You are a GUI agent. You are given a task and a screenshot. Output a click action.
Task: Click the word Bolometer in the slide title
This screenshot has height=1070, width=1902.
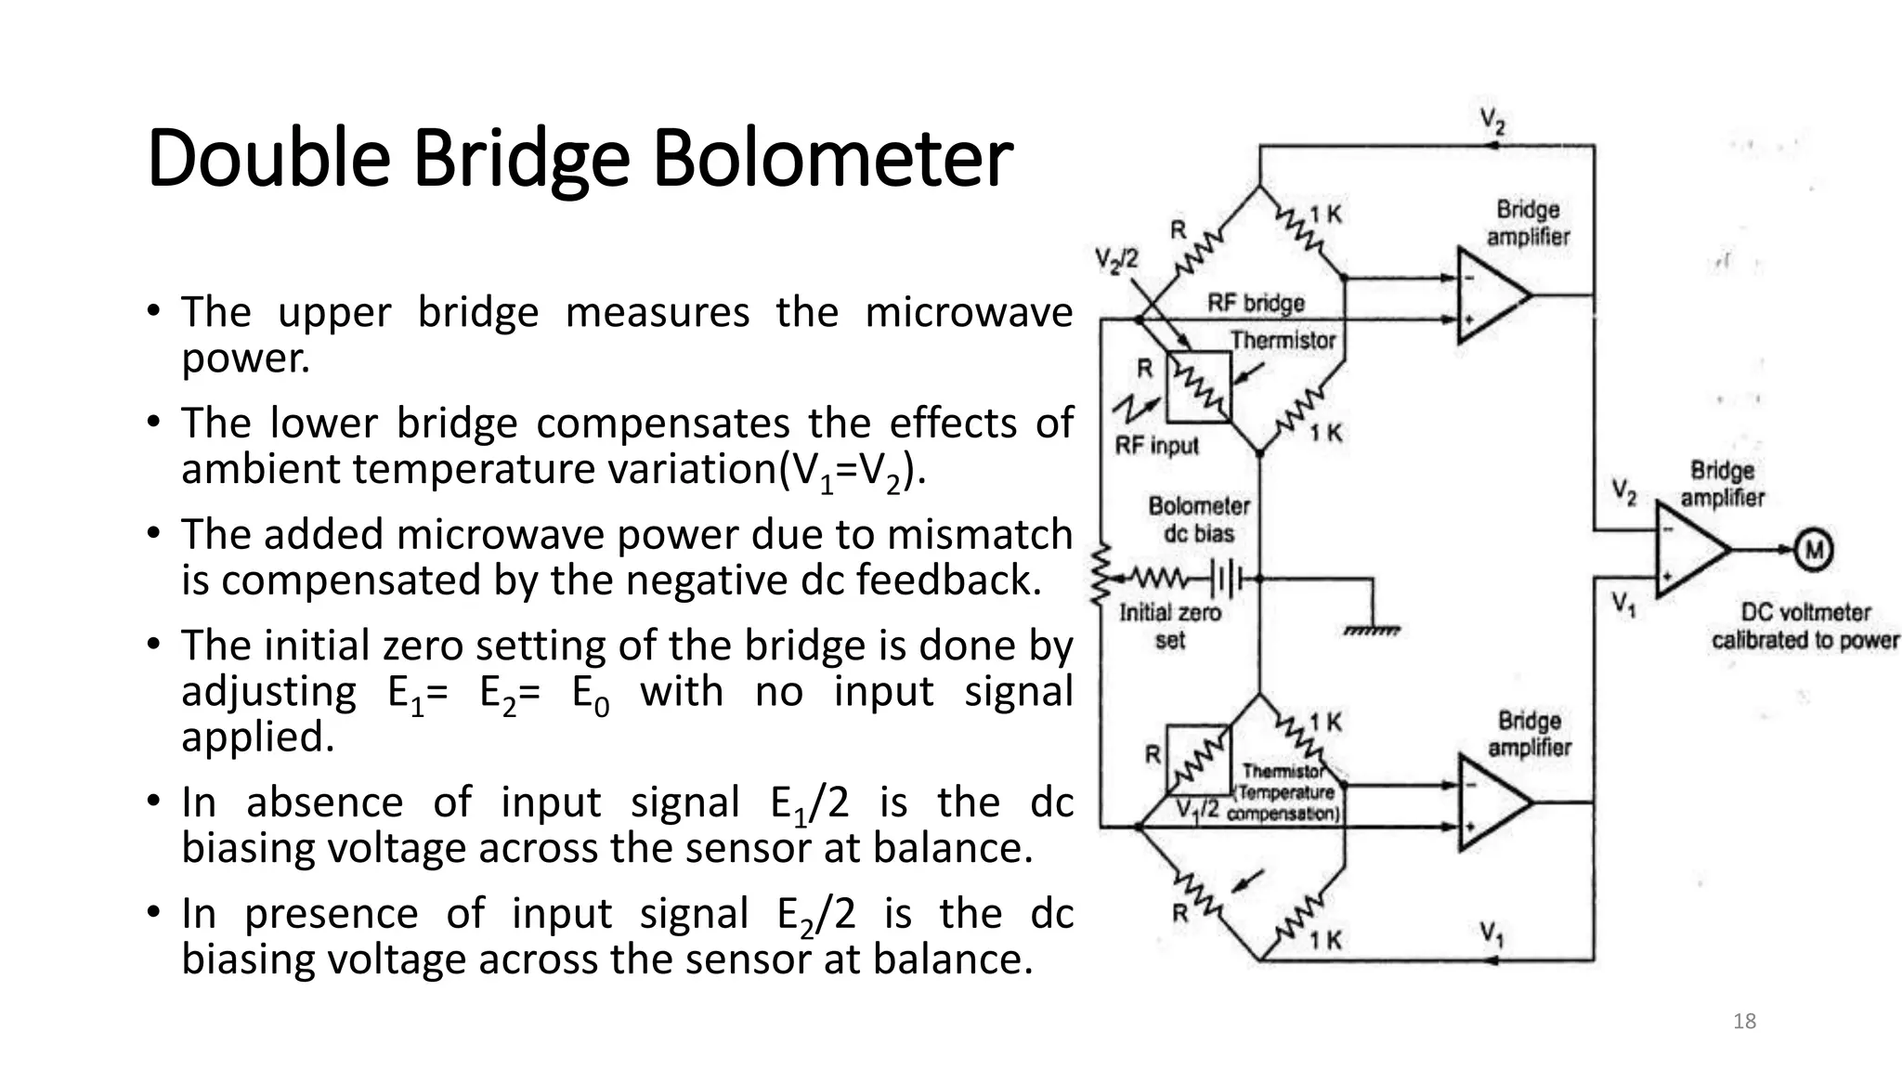pyautogui.click(x=831, y=158)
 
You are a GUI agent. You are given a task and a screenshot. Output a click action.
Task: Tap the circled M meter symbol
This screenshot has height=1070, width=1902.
pyautogui.click(x=1812, y=550)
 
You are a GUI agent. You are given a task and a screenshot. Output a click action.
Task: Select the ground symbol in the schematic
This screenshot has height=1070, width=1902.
pyautogui.click(x=1372, y=630)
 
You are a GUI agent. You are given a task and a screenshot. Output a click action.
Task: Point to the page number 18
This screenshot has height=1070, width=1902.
pyautogui.click(x=1744, y=1022)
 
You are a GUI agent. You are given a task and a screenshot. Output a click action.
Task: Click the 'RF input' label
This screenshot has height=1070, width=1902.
pyautogui.click(x=1156, y=446)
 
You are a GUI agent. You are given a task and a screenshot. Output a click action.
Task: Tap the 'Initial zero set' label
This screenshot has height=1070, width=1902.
pyautogui.click(x=1169, y=626)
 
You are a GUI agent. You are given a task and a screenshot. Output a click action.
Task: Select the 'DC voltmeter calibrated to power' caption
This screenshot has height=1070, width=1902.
pyautogui.click(x=1804, y=626)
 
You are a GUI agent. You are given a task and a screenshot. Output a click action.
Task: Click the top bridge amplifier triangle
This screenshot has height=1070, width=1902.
pyautogui.click(x=1490, y=296)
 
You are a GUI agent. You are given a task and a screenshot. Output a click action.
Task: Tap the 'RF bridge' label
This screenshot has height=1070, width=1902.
pyautogui.click(x=1256, y=303)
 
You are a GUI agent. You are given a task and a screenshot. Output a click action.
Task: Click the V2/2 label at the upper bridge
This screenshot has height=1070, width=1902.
pyautogui.click(x=1116, y=259)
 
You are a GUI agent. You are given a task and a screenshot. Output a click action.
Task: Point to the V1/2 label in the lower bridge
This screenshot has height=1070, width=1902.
pyautogui.click(x=1197, y=810)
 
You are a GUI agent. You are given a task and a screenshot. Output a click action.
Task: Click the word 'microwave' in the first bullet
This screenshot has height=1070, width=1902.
pyautogui.click(x=968, y=312)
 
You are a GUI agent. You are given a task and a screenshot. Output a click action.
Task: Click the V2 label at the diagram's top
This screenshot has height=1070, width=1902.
pyautogui.click(x=1492, y=121)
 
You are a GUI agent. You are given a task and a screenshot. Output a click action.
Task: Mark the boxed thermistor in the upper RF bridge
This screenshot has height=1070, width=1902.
pyautogui.click(x=1199, y=385)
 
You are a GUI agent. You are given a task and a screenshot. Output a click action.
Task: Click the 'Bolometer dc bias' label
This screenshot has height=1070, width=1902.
pyautogui.click(x=1199, y=519)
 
